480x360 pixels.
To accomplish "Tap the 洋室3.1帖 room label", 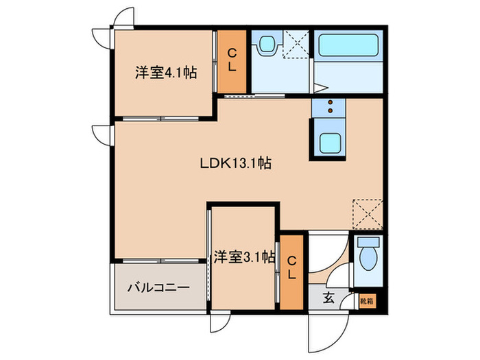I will [244, 258].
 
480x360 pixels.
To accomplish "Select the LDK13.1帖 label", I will [235, 164].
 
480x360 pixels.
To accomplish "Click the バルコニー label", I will [157, 288].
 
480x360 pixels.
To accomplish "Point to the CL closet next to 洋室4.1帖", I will [232, 61].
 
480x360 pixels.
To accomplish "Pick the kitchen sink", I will [328, 143].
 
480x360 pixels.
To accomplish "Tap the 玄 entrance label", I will [328, 298].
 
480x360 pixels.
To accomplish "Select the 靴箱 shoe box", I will [367, 300].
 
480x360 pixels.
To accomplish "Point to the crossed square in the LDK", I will [367, 213].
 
